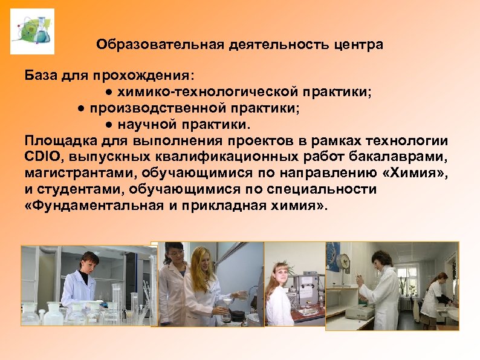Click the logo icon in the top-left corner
point(32,31)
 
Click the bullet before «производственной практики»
point(81,109)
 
